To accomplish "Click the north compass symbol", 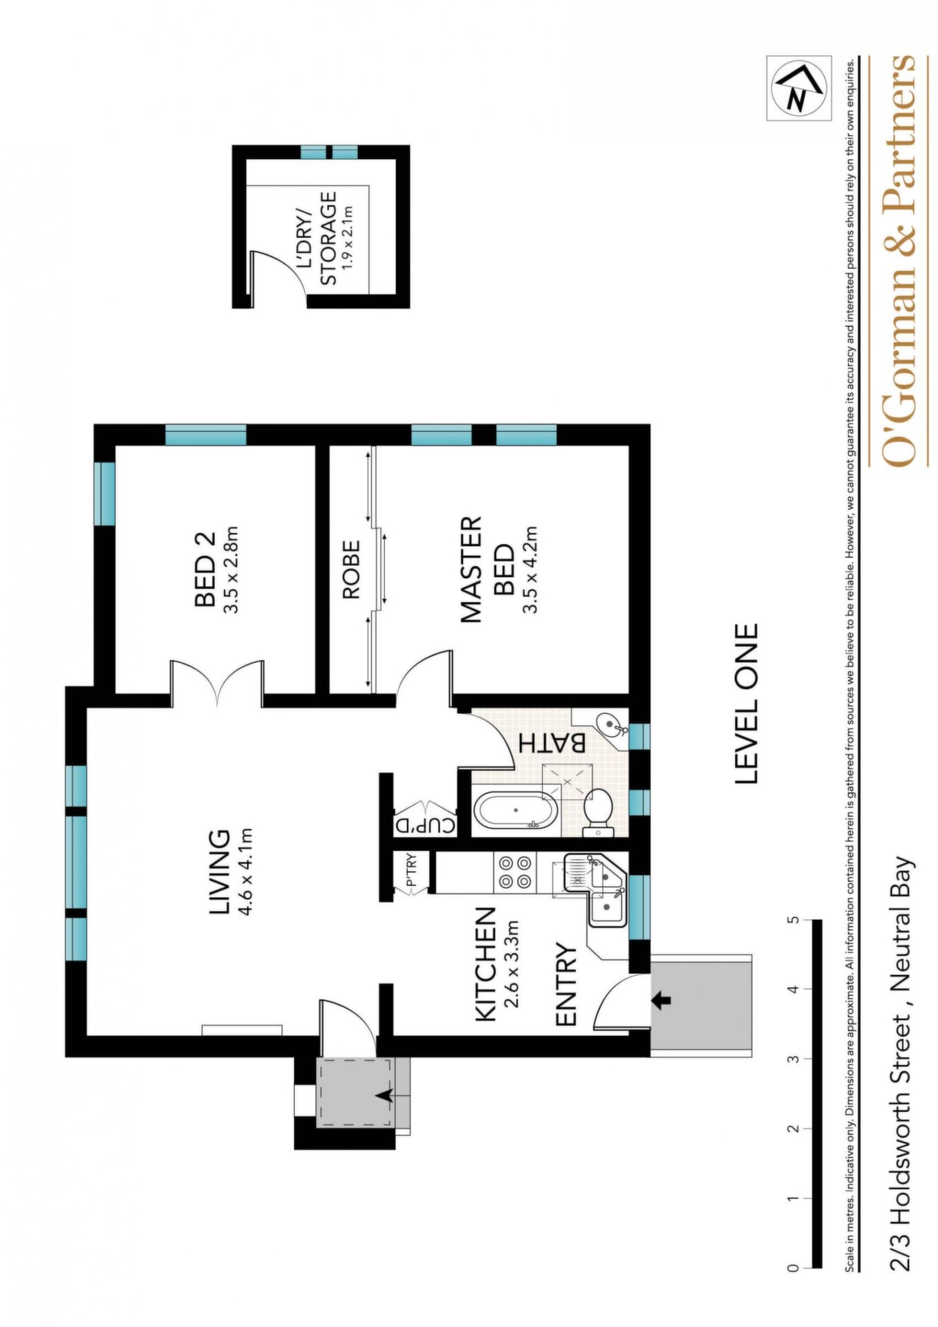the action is tap(798, 89).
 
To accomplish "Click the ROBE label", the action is tap(350, 569).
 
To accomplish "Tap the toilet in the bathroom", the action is tap(598, 811).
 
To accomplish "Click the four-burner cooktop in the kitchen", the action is tap(515, 872).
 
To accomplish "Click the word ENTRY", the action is tap(566, 984).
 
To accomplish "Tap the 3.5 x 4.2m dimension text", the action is tap(530, 569).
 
